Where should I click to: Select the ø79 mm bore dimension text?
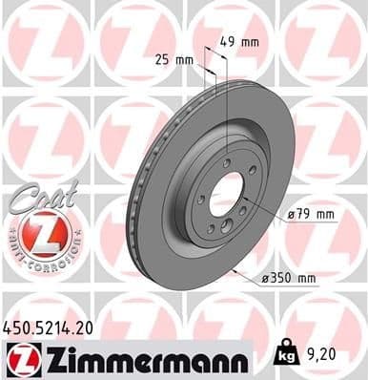309,215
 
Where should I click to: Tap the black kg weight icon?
283,353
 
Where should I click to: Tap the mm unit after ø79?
325,215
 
